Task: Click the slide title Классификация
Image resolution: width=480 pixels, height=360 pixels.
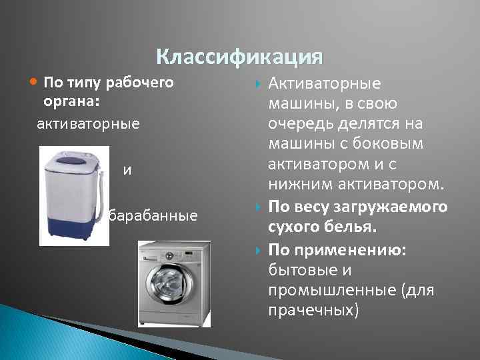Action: click(239, 57)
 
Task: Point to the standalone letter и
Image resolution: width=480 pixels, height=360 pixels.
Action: click(127, 169)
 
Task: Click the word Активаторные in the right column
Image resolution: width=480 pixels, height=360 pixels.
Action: click(324, 84)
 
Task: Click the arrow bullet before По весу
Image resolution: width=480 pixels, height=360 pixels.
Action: click(259, 208)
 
